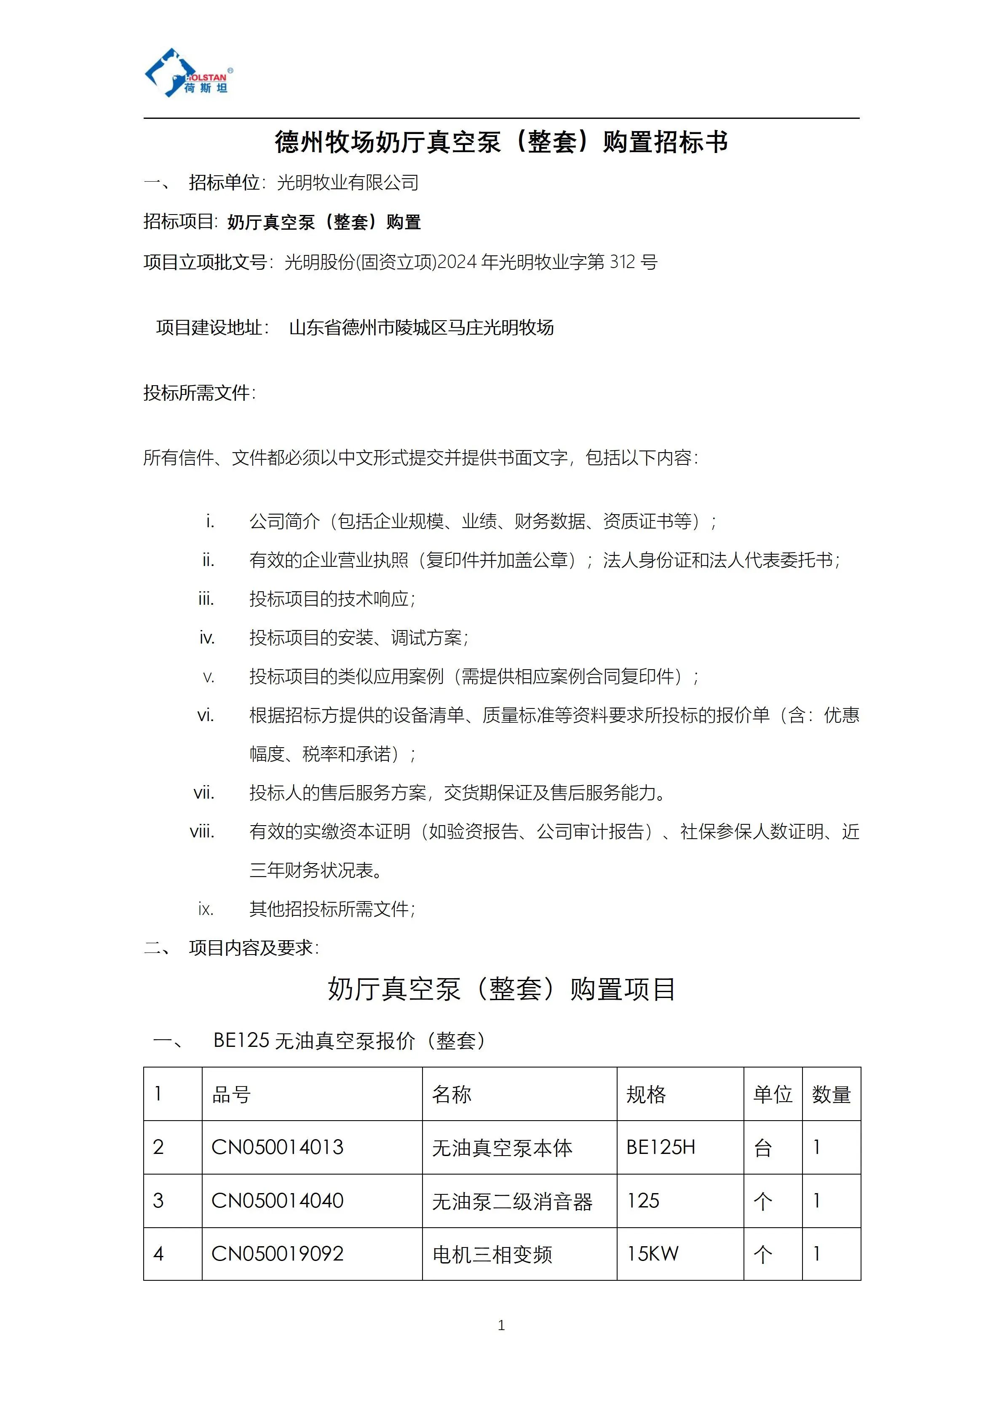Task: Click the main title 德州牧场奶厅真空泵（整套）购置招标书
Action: (x=501, y=142)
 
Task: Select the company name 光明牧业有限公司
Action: (x=348, y=183)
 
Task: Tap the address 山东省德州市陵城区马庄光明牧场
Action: (x=421, y=327)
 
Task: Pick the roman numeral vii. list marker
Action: (x=204, y=793)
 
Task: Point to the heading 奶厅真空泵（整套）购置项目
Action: (x=501, y=990)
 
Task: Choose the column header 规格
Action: (x=646, y=1094)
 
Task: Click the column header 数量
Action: (x=831, y=1094)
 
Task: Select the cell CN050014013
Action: (x=277, y=1148)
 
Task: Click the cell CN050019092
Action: (x=277, y=1254)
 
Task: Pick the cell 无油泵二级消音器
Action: (x=512, y=1202)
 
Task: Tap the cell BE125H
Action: (x=661, y=1148)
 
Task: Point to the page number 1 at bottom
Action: (x=501, y=1325)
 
